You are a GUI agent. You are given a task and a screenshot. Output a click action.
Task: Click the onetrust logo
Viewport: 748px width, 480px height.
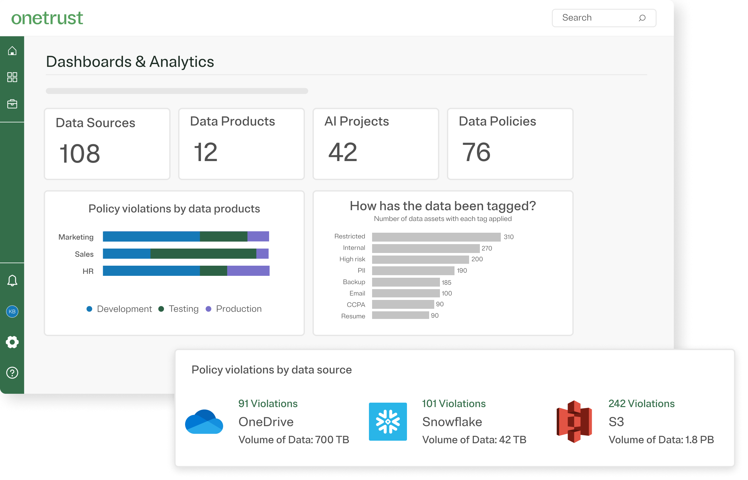click(x=47, y=18)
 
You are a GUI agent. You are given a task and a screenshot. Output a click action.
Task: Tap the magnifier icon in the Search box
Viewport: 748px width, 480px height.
click(x=642, y=18)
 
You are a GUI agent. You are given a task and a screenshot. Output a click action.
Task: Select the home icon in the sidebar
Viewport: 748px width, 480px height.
click(x=12, y=51)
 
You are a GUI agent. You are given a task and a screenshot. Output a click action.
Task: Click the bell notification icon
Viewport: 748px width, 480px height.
click(x=12, y=281)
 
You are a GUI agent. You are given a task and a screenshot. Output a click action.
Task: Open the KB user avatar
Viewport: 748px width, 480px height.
click(x=12, y=311)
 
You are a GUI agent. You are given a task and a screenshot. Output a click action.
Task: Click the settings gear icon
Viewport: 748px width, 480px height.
click(x=12, y=342)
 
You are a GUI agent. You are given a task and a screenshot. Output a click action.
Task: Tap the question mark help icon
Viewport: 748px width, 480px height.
click(x=12, y=373)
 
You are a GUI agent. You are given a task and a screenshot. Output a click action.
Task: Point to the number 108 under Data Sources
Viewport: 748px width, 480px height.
click(x=80, y=153)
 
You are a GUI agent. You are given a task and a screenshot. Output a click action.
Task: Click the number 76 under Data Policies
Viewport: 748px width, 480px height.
click(x=476, y=152)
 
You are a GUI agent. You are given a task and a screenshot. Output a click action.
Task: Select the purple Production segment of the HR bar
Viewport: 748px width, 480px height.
click(x=248, y=271)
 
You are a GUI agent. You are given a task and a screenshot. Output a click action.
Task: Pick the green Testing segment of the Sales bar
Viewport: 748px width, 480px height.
click(x=203, y=254)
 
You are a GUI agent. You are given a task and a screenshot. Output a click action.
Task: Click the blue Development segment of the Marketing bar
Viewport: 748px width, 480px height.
click(x=151, y=237)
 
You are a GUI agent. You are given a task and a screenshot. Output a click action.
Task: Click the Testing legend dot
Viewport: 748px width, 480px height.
click(x=161, y=309)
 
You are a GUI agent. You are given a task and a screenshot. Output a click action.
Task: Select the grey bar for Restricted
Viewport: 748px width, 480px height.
click(x=436, y=237)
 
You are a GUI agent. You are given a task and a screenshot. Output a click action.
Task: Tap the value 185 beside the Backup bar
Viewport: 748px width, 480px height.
click(x=446, y=282)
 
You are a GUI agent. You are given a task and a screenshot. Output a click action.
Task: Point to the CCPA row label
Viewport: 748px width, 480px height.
click(x=356, y=305)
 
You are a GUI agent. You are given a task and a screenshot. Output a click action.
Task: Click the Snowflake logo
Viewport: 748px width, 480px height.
click(x=388, y=421)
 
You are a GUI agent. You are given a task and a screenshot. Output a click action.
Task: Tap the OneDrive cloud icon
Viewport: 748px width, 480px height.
click(x=204, y=421)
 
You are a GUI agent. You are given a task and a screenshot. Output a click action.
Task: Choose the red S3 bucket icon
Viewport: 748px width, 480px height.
click(x=574, y=421)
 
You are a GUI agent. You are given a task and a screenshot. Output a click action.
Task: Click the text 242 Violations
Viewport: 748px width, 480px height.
click(x=641, y=404)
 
